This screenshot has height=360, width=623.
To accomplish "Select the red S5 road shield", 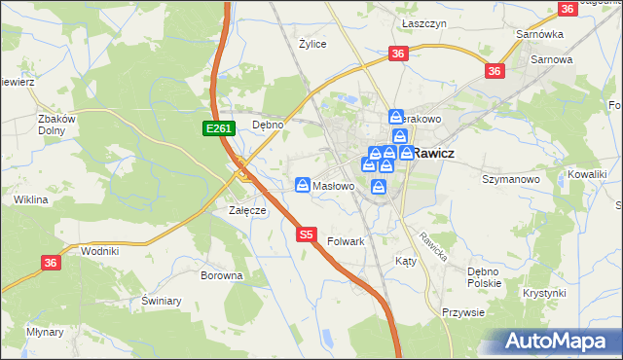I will pyautogui.click(x=306, y=234).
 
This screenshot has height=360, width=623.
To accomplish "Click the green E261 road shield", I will pyautogui.click(x=216, y=128).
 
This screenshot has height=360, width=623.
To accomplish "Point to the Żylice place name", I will pyautogui.click(x=312, y=44).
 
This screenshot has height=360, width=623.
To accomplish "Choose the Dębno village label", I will pyautogui.click(x=268, y=125).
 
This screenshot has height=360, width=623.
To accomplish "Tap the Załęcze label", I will pyautogui.click(x=247, y=209).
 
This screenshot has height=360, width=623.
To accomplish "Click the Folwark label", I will pyautogui.click(x=346, y=241).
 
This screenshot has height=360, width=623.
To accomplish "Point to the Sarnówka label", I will pyautogui.click(x=541, y=34).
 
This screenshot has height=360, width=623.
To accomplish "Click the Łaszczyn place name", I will pyautogui.click(x=422, y=20).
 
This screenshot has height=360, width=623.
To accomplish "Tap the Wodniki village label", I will pyautogui.click(x=100, y=250).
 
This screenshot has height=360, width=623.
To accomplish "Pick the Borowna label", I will pyautogui.click(x=221, y=275).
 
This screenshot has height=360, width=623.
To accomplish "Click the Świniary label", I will pyautogui.click(x=162, y=301).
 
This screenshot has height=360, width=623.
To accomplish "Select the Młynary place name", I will pyautogui.click(x=45, y=332).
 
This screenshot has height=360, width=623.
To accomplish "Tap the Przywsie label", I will pyautogui.click(x=462, y=312).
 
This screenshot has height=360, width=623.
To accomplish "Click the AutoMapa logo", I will pyautogui.click(x=560, y=342).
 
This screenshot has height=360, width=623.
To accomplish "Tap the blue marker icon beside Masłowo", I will pyautogui.click(x=304, y=185).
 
